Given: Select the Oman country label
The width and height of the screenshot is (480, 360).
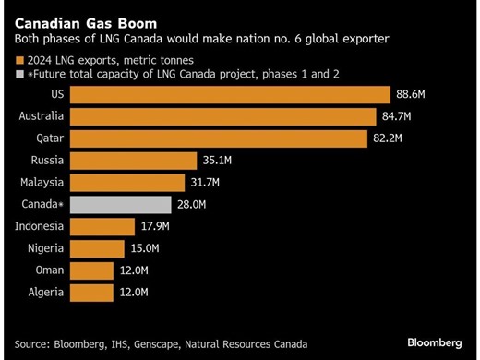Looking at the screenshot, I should pyautogui.click(x=50, y=270).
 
